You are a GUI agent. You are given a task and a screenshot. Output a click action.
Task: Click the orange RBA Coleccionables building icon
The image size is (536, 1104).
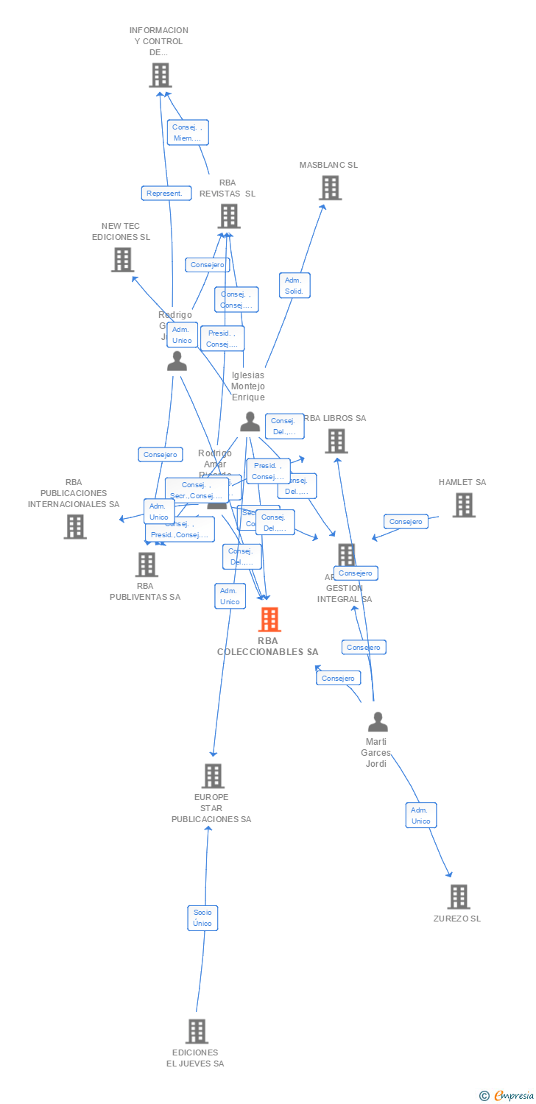coord(270,620)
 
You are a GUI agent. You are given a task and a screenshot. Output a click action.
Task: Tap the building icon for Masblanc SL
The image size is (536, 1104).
coord(330,188)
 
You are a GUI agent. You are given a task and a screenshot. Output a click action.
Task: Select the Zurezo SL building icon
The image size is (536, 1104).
coord(458,896)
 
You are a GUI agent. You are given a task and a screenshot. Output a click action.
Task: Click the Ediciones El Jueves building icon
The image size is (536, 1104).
coord(197,1031)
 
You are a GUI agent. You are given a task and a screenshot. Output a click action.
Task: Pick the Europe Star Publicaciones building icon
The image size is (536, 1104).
coord(213,776)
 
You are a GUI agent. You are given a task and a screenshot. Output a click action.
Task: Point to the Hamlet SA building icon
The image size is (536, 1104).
coord(463,506)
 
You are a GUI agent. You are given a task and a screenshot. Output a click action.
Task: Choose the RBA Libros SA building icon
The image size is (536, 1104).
coord(336,441)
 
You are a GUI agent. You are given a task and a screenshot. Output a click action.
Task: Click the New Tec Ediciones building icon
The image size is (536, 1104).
coord(122,260)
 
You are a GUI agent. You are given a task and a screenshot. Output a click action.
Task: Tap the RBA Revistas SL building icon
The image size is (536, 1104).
coord(229,216)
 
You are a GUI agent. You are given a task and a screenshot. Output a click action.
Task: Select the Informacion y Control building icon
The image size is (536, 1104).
coord(161,75)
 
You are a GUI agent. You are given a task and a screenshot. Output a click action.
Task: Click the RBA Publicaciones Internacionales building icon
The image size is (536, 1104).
coord(75,527)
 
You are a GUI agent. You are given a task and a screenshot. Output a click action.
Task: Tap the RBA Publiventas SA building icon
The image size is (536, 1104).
coord(147,565)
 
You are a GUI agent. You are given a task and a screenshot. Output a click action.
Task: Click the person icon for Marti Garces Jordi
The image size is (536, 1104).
coord(378,722)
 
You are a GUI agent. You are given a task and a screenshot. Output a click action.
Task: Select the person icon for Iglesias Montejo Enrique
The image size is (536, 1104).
coord(250,422)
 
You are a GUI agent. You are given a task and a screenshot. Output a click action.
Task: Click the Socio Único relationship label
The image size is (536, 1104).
coord(202,918)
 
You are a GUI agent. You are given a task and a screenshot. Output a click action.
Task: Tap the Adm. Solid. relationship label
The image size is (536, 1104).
coord(295,286)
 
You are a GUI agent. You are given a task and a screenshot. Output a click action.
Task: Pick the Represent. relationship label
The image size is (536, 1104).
coord(166,194)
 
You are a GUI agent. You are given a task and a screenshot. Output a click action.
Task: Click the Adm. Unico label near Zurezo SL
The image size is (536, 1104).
coord(421,815)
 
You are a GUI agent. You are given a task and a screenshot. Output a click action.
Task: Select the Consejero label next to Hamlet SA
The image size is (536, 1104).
coord(406,522)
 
